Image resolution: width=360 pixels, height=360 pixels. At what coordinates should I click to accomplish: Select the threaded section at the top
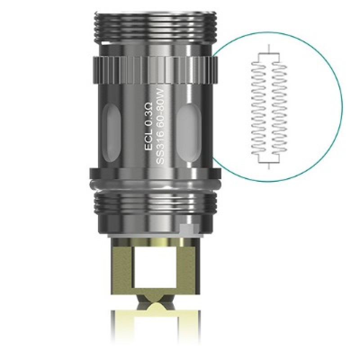[153, 25]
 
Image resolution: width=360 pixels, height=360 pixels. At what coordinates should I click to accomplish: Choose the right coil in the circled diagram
[279, 110]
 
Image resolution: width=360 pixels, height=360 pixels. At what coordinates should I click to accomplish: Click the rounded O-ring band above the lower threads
[153, 183]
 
